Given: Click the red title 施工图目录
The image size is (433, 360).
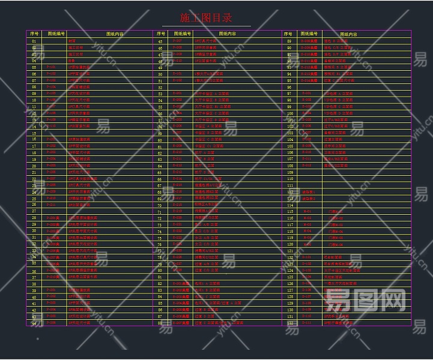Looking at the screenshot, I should (206, 18).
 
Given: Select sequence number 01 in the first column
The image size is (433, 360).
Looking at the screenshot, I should (34, 41).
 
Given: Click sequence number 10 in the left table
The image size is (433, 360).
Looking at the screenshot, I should (34, 100).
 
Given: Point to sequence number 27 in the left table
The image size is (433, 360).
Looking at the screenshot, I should (34, 211).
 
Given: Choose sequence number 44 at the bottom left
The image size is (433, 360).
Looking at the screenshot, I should (34, 323).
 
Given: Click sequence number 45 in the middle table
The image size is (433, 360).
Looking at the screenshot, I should (160, 41).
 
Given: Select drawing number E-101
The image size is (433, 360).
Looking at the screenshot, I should (177, 74).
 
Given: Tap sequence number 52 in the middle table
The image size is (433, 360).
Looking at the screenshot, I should (160, 87).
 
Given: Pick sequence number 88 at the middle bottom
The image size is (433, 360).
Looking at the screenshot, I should (160, 323).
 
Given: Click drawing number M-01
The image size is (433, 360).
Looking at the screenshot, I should (307, 211).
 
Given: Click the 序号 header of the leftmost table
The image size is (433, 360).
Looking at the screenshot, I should (34, 34).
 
